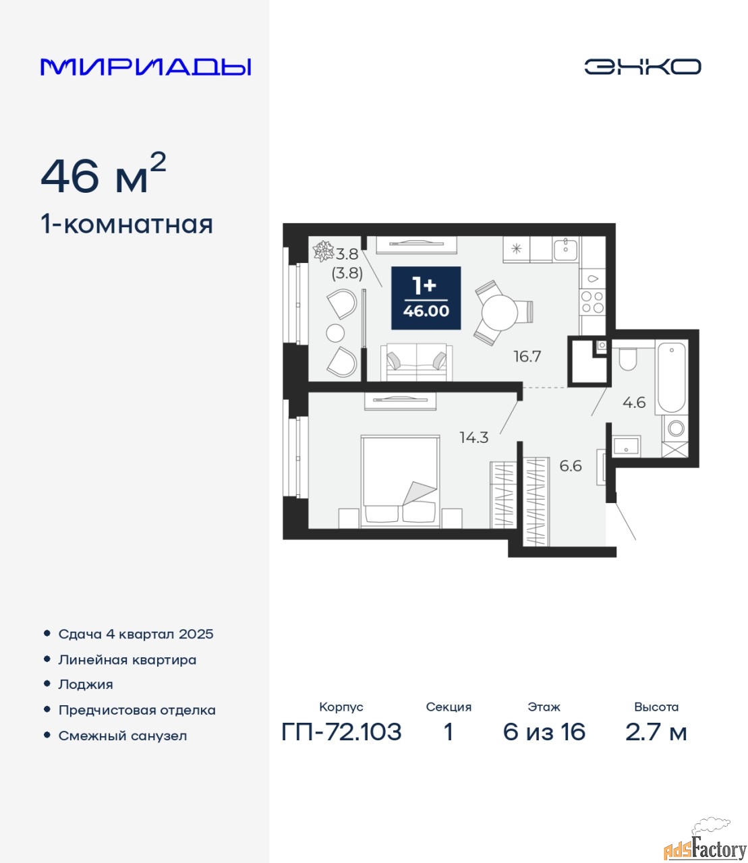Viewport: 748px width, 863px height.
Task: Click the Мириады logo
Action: [146, 67]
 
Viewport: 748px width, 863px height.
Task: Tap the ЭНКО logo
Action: [642, 67]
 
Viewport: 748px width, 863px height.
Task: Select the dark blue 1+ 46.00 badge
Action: [426, 298]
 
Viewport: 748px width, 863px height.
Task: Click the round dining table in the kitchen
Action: [500, 312]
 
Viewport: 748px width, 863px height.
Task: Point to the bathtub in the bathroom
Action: [671, 378]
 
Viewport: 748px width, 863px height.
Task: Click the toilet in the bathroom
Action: [628, 357]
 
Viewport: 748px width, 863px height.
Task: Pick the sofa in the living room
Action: [416, 362]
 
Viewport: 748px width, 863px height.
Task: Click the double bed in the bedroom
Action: [400, 481]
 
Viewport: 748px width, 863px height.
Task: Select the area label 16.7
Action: [527, 357]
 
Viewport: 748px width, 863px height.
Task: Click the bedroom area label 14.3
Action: [474, 438]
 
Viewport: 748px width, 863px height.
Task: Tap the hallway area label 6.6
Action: [571, 465]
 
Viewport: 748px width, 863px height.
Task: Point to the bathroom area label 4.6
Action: [634, 403]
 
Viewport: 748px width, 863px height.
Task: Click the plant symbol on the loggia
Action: [323, 251]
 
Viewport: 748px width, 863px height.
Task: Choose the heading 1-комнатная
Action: [127, 225]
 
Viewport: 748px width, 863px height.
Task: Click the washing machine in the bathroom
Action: [676, 428]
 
